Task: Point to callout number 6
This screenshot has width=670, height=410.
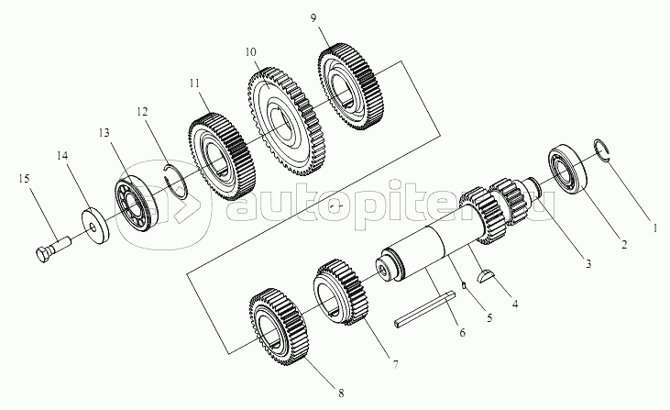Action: click(x=462, y=331)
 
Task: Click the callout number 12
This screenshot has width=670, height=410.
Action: click(x=143, y=111)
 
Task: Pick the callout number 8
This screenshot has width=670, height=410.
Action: click(x=341, y=393)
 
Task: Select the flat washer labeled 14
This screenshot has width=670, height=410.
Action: click(x=93, y=224)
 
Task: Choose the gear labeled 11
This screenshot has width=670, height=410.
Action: click(x=218, y=155)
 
